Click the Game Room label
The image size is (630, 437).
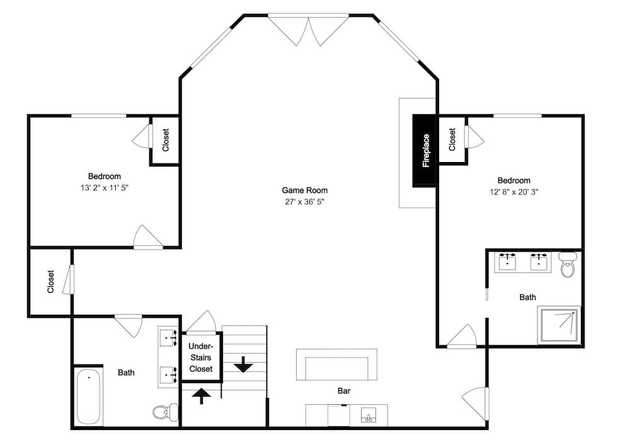(x=304, y=190)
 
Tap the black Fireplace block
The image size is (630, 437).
(x=425, y=151)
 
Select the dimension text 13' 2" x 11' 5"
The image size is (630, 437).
(x=104, y=188)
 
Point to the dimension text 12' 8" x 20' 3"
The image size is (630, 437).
(x=513, y=192)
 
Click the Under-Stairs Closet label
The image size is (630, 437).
(x=201, y=358)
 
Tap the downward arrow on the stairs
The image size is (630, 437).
(x=243, y=364)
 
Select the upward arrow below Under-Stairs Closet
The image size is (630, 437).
(x=201, y=395)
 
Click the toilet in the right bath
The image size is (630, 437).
(x=568, y=265)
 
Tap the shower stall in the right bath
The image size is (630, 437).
(x=559, y=325)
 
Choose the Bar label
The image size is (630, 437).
(x=344, y=391)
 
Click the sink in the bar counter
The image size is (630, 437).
(x=369, y=416)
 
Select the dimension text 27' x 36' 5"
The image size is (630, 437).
(x=304, y=202)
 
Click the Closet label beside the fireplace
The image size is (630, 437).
(x=452, y=139)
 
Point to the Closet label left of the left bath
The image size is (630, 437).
(x=51, y=282)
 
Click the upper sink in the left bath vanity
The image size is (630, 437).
(x=169, y=337)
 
